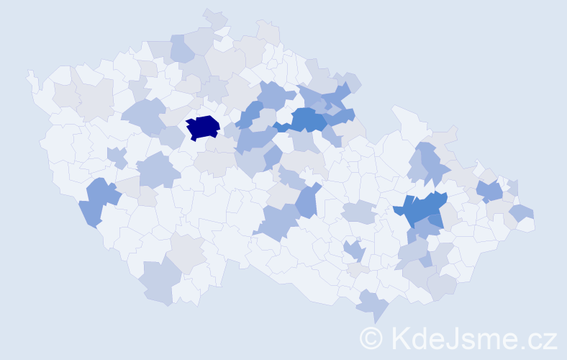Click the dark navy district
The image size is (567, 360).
click(202, 127)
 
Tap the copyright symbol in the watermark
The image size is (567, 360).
click(371, 337)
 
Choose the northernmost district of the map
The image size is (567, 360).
click(215, 18)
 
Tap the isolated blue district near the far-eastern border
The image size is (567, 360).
click(490, 192)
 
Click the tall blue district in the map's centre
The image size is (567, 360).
click(307, 200)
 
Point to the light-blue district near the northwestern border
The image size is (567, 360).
click(182, 48)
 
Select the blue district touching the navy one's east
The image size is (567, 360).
click(249, 116)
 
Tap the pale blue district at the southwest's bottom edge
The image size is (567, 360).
click(159, 282)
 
